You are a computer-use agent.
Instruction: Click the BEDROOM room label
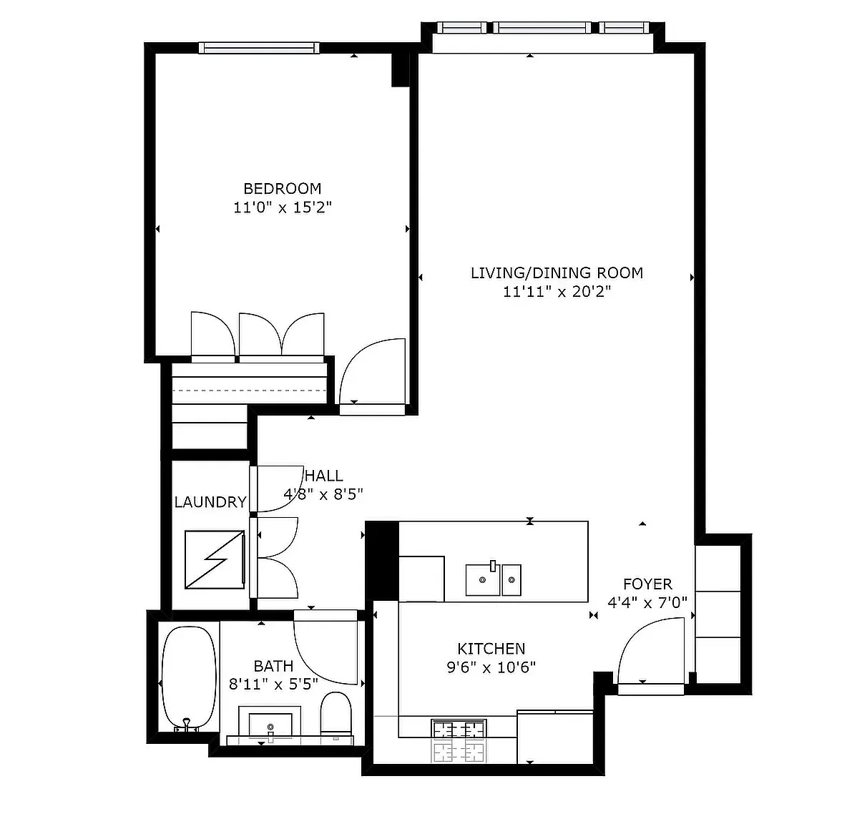[x=282, y=189]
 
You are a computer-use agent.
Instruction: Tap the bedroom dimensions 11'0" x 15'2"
[x=282, y=207]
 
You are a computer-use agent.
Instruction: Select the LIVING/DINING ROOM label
[x=557, y=273]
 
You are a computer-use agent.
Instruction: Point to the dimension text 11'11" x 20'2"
[x=557, y=292]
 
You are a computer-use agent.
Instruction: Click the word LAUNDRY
[x=210, y=502]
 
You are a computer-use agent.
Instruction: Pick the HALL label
[x=324, y=476]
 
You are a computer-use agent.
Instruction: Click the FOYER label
[x=647, y=584]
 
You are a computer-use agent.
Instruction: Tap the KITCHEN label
[x=491, y=649]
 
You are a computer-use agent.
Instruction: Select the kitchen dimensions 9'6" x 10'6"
[x=491, y=667]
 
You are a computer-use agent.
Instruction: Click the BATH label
[x=273, y=666]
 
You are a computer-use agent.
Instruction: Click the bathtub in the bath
[x=189, y=678]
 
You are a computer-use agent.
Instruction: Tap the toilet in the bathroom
[x=336, y=714]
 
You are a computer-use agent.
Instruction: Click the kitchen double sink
[x=494, y=579]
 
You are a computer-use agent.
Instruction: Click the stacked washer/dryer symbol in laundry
[x=215, y=559]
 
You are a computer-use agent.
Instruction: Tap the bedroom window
[x=259, y=48]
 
